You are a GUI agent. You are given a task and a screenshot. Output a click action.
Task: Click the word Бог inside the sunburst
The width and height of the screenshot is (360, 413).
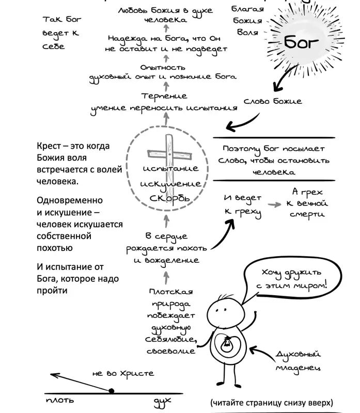[x=301, y=42]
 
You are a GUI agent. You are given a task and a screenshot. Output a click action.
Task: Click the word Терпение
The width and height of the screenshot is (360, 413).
[x=164, y=97]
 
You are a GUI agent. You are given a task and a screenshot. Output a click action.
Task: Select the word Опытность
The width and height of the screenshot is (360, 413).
[x=163, y=68]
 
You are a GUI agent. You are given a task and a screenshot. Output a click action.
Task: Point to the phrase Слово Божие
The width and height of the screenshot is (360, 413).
[x=273, y=101]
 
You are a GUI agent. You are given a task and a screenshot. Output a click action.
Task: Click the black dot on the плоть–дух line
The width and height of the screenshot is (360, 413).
[x=112, y=391]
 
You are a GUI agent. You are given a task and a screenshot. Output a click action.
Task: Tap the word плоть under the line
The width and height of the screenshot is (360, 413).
[x=60, y=401]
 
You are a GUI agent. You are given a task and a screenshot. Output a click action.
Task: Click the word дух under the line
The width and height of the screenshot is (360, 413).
[x=162, y=402]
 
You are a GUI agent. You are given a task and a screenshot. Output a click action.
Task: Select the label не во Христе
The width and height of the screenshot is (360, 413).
[x=123, y=373]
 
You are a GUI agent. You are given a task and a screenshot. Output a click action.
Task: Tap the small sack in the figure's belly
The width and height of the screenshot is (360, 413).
[x=226, y=344]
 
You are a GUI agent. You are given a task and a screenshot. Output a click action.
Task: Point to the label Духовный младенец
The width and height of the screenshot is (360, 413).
[x=298, y=361]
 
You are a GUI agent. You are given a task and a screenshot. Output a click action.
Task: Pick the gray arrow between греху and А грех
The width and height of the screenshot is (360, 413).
[x=274, y=204]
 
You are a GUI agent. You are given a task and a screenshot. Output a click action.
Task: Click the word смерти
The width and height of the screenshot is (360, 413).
[x=307, y=215]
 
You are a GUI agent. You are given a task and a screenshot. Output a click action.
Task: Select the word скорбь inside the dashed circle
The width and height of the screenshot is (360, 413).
[x=170, y=198]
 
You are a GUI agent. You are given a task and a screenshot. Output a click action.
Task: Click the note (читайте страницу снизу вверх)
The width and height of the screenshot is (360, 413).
[x=272, y=403]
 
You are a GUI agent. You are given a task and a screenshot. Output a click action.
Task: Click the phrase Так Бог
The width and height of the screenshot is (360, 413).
[x=62, y=20]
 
